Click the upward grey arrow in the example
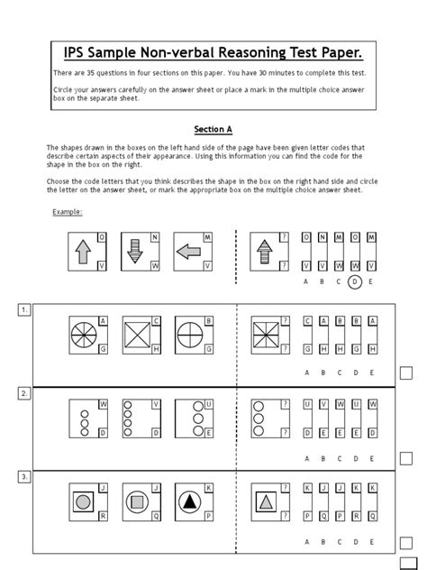[x=82, y=252]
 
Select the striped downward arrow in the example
[x=134, y=252]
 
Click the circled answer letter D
[x=354, y=281]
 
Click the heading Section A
[x=213, y=129]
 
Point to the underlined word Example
[x=68, y=212]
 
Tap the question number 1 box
[x=24, y=310]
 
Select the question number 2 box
[x=24, y=393]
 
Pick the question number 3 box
[x=24, y=475]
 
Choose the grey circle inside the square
[x=83, y=501]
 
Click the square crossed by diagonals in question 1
[x=136, y=335]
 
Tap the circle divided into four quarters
[x=189, y=335]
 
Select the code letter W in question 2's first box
[x=103, y=403]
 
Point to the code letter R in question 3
[x=103, y=516]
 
